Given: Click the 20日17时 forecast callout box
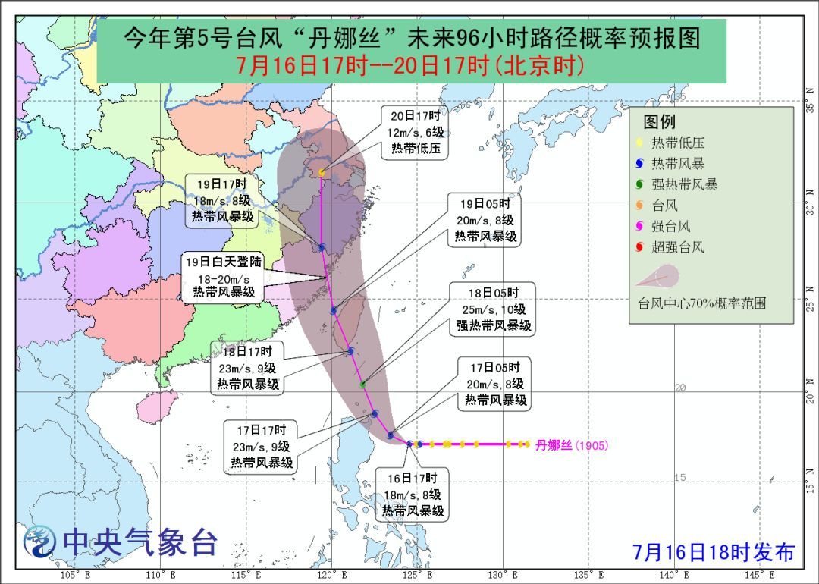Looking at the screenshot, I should pos(415,133).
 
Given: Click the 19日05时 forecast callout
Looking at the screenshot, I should pos(485,220).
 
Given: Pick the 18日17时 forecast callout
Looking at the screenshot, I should pos(248,367).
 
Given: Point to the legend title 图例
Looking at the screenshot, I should pos(659,122).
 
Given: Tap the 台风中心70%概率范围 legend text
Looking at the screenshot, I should pos(701,303).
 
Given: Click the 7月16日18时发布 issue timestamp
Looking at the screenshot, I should pos(714,552).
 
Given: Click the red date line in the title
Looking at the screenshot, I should pos(410,66).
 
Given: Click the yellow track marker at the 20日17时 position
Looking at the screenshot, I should pos(322,173).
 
